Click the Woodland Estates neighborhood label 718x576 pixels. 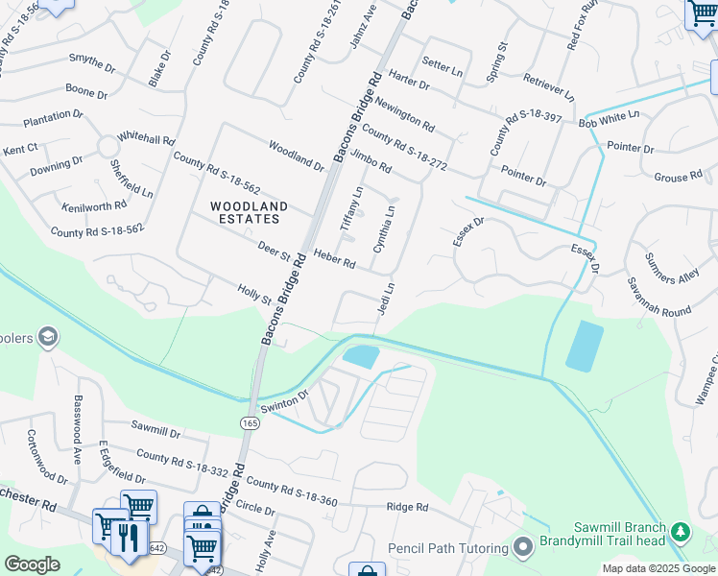pyautogui.click(x=249, y=213)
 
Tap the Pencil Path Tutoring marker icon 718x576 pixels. pyautogui.click(x=523, y=547)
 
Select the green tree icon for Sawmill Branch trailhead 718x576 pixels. pyautogui.click(x=681, y=531)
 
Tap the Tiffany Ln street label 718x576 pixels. pyautogui.click(x=351, y=207)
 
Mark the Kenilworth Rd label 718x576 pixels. pyautogui.click(x=93, y=206)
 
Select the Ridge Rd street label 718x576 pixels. pyautogui.click(x=406, y=507)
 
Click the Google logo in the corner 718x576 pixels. pyautogui.click(x=33, y=564)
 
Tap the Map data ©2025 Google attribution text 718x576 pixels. pyautogui.click(x=658, y=568)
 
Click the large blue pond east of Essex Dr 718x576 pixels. pyautogui.click(x=585, y=347)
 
